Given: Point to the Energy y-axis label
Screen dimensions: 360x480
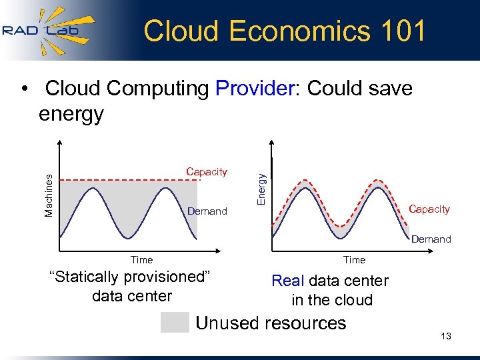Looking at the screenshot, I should coord(262,189).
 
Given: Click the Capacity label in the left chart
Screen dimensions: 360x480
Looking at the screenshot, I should coord(207,172).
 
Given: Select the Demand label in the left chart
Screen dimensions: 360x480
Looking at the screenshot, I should coord(207,211).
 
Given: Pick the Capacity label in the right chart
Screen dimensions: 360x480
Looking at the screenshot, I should coord(429,209).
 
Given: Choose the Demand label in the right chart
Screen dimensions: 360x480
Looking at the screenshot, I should coord(431,239).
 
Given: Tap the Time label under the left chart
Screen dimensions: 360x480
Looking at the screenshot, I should coord(141,260).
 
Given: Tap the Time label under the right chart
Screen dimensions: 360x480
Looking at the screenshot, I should coord(354,260).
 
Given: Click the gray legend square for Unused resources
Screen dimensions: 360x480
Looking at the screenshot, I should coord(175,323).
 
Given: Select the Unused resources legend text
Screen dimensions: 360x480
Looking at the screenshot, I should coord(271,323).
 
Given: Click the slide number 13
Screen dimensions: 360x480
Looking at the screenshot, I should coord(446,336).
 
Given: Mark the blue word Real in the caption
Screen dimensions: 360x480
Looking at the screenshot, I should coord(288,281).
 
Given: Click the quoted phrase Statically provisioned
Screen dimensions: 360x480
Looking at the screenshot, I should coord(131,277).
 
